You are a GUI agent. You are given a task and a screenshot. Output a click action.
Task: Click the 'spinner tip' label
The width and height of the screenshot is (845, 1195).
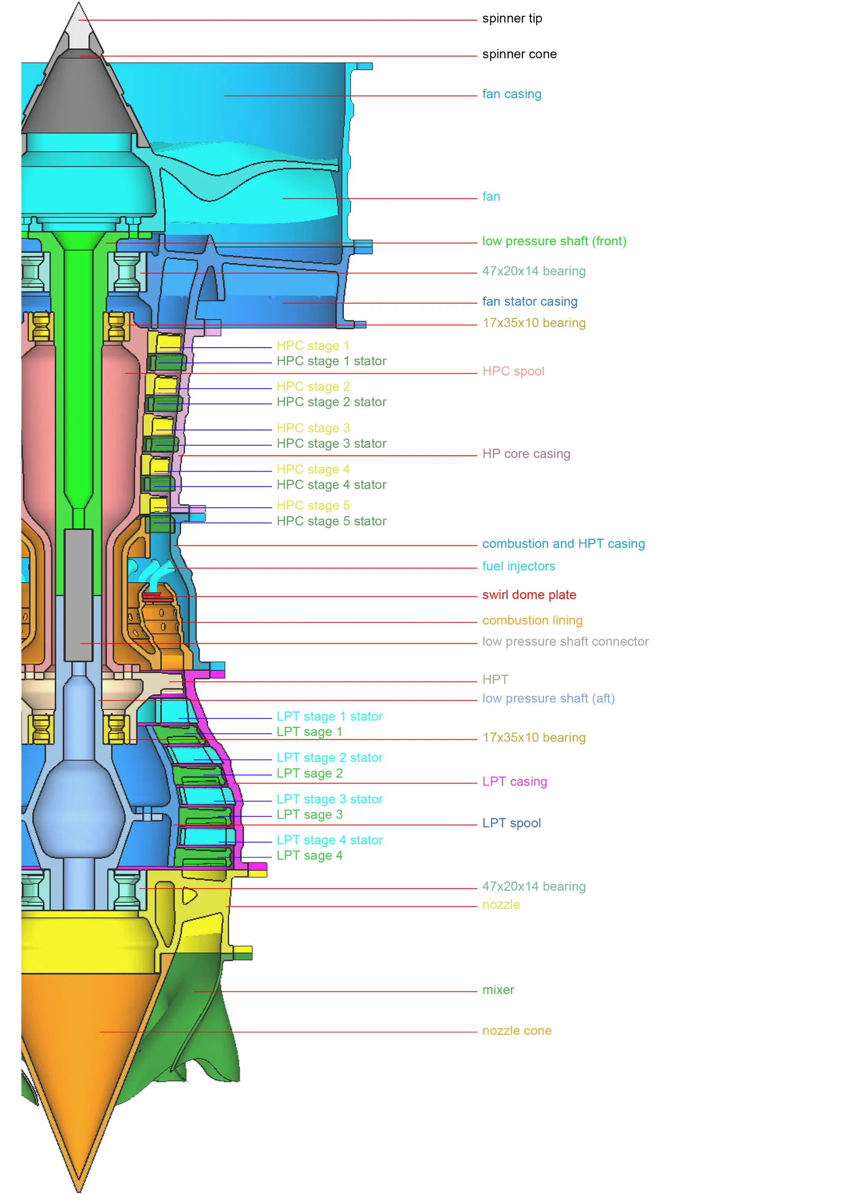pyautogui.click(x=512, y=18)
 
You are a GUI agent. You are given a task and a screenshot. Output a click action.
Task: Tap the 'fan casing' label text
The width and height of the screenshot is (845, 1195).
pyautogui.click(x=511, y=94)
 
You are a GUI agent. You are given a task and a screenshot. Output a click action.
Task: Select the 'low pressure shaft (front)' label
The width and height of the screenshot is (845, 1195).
pyautogui.click(x=553, y=241)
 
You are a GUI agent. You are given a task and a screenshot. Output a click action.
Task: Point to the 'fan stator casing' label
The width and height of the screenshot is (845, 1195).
pyautogui.click(x=529, y=302)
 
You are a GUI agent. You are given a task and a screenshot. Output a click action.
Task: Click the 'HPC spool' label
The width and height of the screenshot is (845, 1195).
pyautogui.click(x=513, y=371)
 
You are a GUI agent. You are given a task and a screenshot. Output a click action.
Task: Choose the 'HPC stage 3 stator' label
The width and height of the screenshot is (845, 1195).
pyautogui.click(x=331, y=444)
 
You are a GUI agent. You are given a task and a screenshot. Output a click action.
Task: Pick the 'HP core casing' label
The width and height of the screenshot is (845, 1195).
pyautogui.click(x=525, y=454)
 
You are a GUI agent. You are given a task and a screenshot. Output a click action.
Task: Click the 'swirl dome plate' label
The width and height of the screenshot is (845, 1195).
pyautogui.click(x=529, y=595)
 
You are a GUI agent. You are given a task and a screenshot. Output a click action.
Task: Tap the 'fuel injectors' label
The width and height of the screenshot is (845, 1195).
pyautogui.click(x=518, y=566)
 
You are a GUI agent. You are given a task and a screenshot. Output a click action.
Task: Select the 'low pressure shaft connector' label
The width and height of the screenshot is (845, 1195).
pyautogui.click(x=565, y=641)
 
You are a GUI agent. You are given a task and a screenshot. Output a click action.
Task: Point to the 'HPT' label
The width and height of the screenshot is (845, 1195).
pyautogui.click(x=495, y=679)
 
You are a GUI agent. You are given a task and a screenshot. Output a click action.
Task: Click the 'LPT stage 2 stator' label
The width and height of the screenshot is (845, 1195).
pyautogui.click(x=329, y=758)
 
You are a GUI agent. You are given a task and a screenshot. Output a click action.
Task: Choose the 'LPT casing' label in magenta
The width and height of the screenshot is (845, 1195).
pyautogui.click(x=514, y=781)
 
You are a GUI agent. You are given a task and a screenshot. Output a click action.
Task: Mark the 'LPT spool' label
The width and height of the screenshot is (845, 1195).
pyautogui.click(x=511, y=823)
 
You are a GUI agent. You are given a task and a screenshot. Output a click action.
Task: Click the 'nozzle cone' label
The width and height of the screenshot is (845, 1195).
pyautogui.click(x=516, y=1031)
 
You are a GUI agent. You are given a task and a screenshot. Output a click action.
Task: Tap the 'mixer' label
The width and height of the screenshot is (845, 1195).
pyautogui.click(x=497, y=990)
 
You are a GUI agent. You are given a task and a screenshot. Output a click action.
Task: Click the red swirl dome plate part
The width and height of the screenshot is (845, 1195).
pyautogui.click(x=152, y=596)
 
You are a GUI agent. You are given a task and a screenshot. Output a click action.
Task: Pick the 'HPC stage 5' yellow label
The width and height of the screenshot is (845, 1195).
pyautogui.click(x=313, y=506)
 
